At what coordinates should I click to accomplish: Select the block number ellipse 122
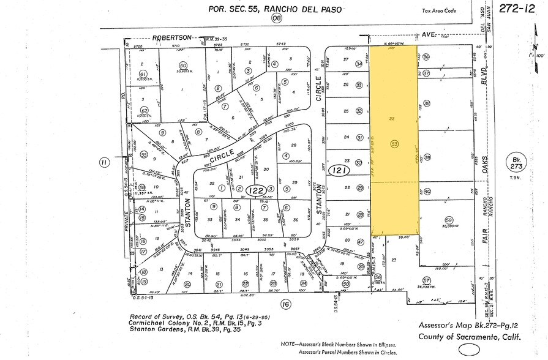[x=255, y=191]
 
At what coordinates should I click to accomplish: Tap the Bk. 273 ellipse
[x=514, y=163]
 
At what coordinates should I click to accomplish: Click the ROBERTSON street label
[x=173, y=37]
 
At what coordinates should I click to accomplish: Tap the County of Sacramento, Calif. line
[x=470, y=337]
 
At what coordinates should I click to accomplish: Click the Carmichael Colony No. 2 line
[x=205, y=323]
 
